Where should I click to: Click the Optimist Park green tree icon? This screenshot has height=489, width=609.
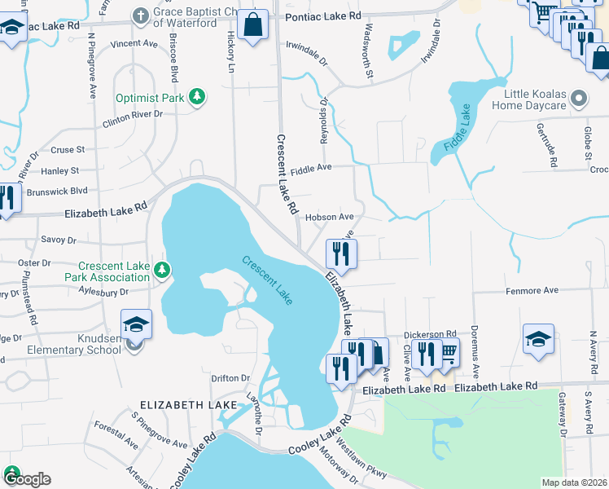(x=196, y=98)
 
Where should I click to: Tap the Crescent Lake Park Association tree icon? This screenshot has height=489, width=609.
(x=163, y=268)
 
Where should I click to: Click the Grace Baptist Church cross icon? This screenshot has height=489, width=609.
(x=141, y=15)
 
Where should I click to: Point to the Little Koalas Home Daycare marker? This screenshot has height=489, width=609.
(x=579, y=99)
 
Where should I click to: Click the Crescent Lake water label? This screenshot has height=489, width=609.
(x=266, y=281)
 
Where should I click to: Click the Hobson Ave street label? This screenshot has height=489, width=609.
(x=329, y=218)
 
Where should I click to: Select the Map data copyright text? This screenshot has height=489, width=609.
(x=574, y=482)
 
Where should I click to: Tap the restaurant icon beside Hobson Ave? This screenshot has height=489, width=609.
(x=341, y=253)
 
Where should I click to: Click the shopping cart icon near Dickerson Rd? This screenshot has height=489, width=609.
(x=447, y=352)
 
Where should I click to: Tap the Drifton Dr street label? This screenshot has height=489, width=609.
(x=230, y=378)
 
